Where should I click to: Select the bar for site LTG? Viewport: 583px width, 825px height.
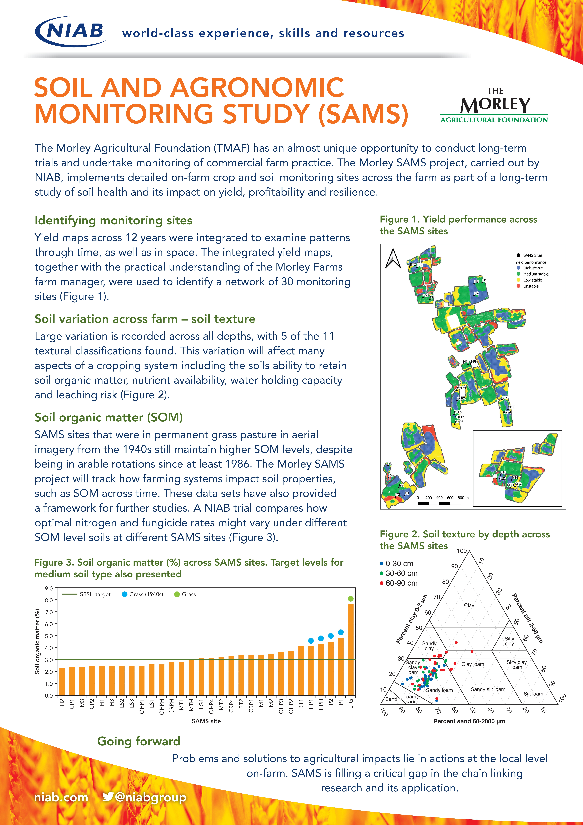(x=351, y=650)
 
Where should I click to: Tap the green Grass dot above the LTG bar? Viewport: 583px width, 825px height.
(x=351, y=599)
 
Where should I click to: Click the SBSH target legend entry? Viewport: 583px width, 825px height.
(x=86, y=594)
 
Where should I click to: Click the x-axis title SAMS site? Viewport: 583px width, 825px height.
(x=206, y=721)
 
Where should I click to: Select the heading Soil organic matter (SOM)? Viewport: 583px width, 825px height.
(x=109, y=418)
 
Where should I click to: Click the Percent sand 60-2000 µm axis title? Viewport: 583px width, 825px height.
(x=469, y=721)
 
